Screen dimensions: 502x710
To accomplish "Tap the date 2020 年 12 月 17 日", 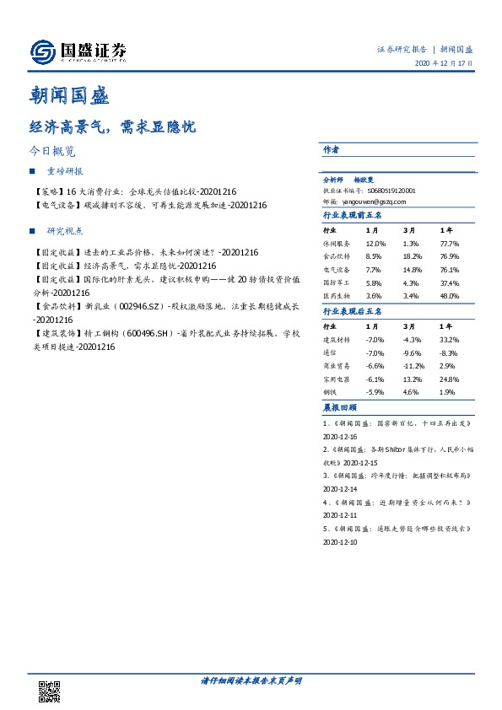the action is [x=445, y=63].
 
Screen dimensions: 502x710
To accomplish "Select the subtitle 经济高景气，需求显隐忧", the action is [x=112, y=127].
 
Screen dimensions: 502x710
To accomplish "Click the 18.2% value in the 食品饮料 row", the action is [x=412, y=255].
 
